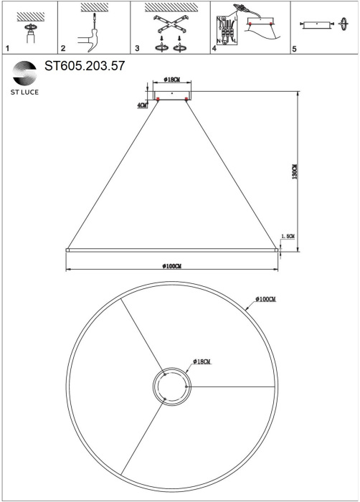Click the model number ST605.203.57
[x=85, y=66]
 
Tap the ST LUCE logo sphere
[x=24, y=73]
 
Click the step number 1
[x=7, y=49]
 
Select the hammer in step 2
[x=90, y=39]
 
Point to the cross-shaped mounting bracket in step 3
[x=171, y=24]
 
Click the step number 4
[x=214, y=49]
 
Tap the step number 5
[x=294, y=49]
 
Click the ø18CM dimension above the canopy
[x=171, y=80]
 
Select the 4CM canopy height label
[x=142, y=105]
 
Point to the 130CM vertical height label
[x=295, y=171]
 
